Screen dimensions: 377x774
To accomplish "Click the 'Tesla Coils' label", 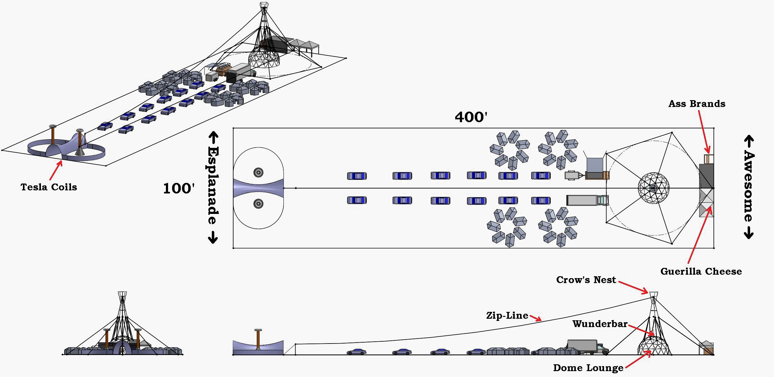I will pos(49,187).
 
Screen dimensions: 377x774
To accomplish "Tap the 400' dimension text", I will pos(471,117).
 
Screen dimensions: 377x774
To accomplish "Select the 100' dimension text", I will pos(179,188).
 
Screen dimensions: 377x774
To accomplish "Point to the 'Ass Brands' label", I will pos(697,104).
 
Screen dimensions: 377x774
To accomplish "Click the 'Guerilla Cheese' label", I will pos(701,272).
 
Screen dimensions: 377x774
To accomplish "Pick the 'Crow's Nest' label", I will pos(586,280).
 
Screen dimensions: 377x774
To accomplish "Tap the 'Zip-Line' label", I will pos(507,316).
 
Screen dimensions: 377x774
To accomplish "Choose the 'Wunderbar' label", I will pos(600,324).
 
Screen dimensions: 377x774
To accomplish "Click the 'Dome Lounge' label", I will pos(588,368).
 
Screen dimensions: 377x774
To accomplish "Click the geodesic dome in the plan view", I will pos(653,188).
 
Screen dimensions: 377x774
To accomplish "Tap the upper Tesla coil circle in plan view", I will pos(258,172).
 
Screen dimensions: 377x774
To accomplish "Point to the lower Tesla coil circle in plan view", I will pos(258,204).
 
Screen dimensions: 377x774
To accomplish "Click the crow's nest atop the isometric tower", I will pos(264,5).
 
